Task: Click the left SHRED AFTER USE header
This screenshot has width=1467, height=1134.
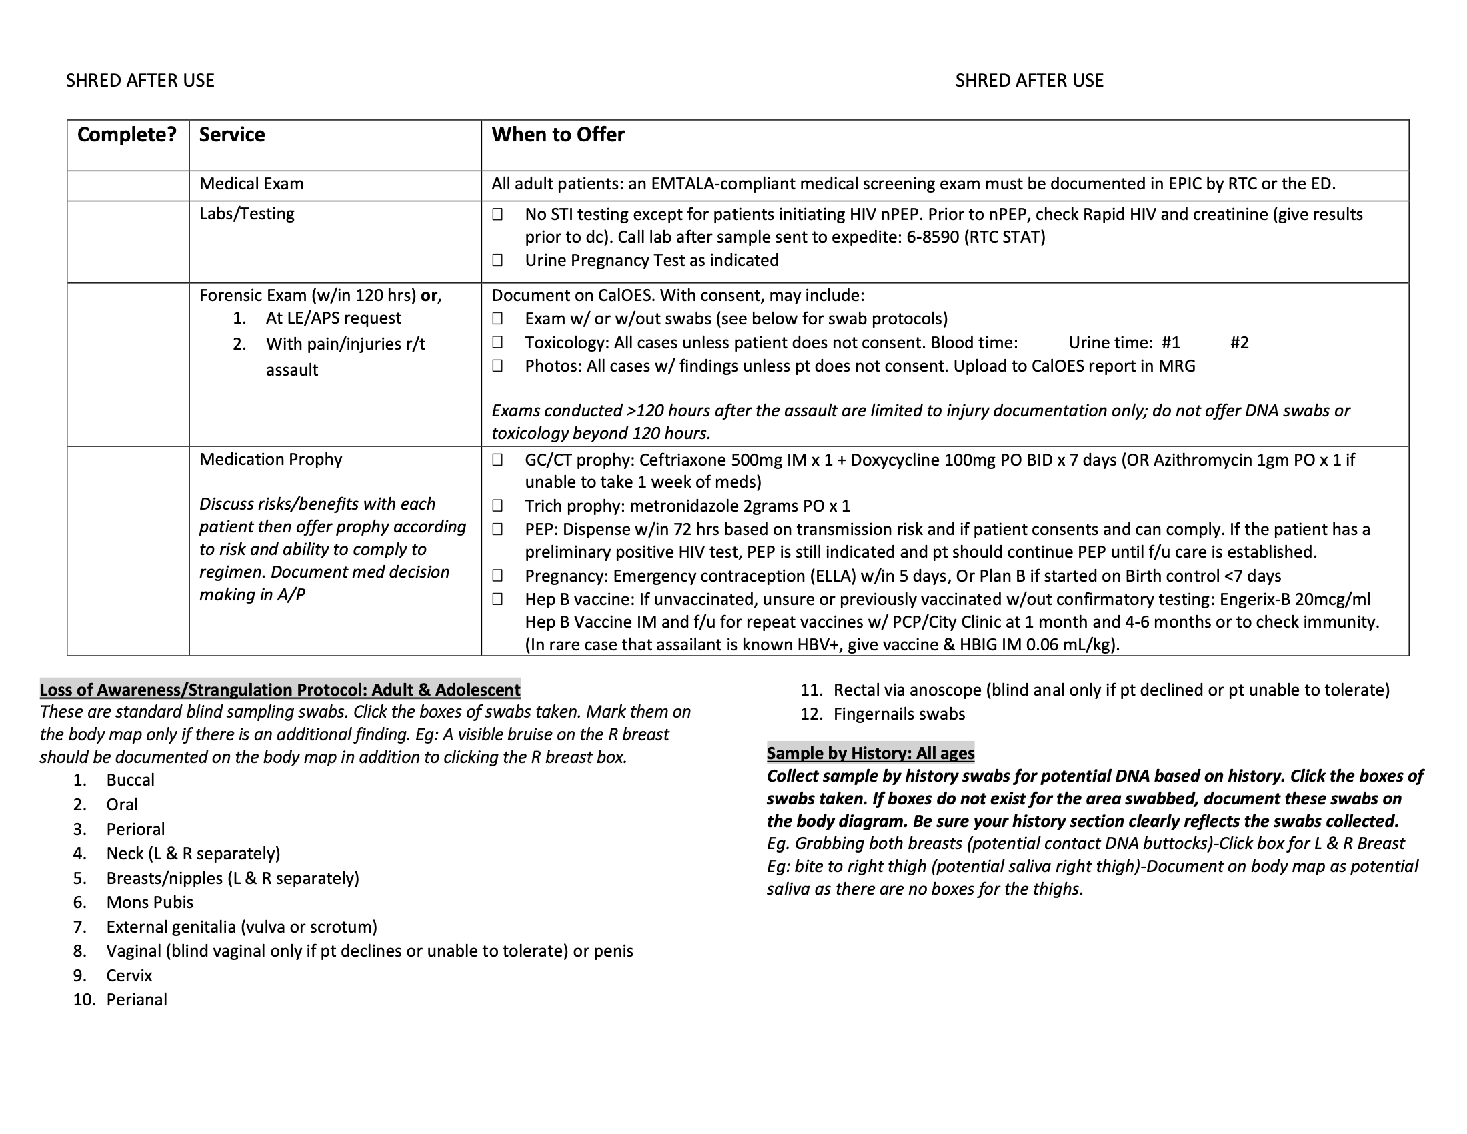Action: (140, 81)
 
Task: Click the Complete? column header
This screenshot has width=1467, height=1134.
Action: (127, 135)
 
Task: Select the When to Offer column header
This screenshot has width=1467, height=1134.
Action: (557, 135)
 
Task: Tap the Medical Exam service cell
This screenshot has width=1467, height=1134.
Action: (251, 184)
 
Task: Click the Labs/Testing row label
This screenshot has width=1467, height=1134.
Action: (247, 214)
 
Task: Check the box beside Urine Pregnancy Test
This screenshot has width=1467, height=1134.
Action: (497, 261)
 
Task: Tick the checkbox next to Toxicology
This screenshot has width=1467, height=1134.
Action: (497, 343)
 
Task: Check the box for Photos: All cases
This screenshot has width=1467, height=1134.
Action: (497, 366)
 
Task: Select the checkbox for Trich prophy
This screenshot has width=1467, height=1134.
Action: (497, 506)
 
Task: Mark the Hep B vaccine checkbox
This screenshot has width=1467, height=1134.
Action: (497, 599)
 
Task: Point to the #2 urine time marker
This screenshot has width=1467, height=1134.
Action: (1240, 344)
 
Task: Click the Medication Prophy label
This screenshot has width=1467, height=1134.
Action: (271, 460)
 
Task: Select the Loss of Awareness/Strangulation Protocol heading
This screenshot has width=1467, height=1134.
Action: (280, 690)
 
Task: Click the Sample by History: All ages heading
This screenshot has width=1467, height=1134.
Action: (870, 753)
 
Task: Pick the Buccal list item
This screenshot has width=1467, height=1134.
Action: (130, 780)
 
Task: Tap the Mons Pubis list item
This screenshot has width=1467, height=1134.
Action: (150, 903)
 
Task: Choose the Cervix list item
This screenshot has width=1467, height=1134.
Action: (129, 975)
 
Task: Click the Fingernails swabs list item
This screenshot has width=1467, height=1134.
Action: (899, 714)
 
